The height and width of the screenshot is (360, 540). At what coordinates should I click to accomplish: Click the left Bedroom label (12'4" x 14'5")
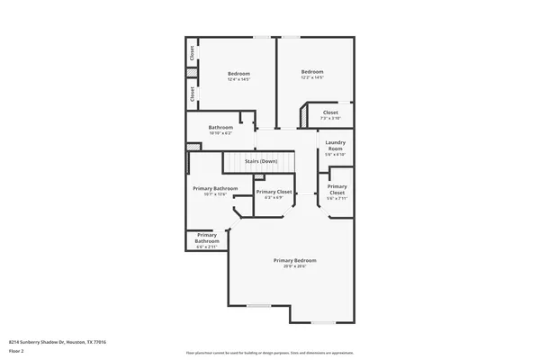[x=238, y=73]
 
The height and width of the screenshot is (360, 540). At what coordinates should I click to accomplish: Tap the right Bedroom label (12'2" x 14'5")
[x=312, y=72]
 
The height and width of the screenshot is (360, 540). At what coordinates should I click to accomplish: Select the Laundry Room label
[x=336, y=145]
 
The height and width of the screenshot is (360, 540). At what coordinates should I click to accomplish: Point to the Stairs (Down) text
[x=261, y=161]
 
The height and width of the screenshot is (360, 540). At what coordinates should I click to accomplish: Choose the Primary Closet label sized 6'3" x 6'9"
[x=274, y=192]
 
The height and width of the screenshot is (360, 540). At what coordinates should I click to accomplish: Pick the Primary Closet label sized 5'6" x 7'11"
[x=337, y=189]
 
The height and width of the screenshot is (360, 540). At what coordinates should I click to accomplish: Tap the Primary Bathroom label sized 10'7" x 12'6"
[x=215, y=188]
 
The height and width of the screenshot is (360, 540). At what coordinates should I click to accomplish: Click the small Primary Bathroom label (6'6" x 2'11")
[x=207, y=238]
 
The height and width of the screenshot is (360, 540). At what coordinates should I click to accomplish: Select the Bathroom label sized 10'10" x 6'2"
[x=220, y=128]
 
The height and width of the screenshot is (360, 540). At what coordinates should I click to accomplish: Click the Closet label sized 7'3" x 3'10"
[x=330, y=112]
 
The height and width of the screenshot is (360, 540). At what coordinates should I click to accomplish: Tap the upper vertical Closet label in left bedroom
[x=192, y=53]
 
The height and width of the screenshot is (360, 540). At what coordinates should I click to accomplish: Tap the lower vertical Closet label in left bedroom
[x=192, y=94]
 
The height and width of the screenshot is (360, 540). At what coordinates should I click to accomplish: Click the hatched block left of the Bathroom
[x=192, y=148]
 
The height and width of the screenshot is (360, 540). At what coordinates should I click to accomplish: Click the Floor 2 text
[x=17, y=350]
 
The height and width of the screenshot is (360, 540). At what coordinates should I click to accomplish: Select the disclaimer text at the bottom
[x=269, y=352]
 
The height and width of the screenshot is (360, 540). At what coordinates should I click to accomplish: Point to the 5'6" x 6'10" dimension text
[x=336, y=154]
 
